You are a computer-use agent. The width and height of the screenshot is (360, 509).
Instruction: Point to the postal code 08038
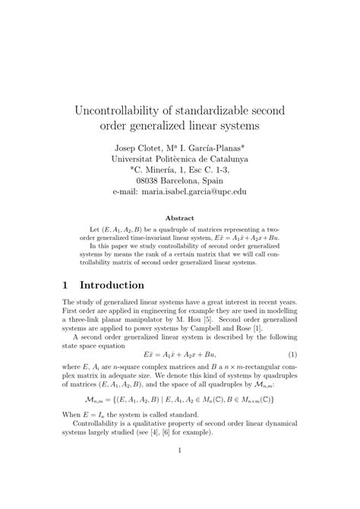tap(149, 182)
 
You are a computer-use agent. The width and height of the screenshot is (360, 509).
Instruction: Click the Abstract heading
tap(180, 217)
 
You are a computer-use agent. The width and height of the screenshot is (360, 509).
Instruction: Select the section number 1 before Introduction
tap(67, 285)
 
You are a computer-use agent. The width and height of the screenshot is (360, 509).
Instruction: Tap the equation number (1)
tap(292, 376)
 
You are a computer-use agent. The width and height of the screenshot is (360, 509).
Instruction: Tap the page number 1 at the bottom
tap(179, 492)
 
